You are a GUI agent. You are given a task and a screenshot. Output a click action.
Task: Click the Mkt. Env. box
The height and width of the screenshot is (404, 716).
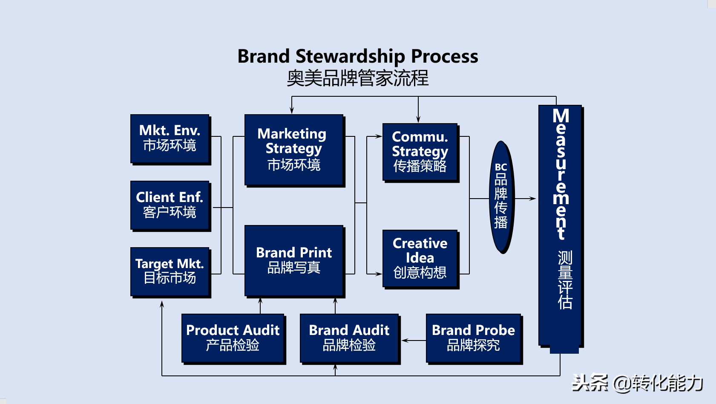tap(170, 139)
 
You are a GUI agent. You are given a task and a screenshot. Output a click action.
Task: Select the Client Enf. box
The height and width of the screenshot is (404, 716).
tap(170, 205)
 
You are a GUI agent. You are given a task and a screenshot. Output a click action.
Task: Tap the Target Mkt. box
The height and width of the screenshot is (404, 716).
tap(170, 271)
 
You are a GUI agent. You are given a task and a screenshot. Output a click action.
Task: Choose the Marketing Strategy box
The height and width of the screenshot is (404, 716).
tap(293, 150)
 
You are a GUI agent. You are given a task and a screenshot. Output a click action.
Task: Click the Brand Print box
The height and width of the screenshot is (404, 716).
tap(293, 260)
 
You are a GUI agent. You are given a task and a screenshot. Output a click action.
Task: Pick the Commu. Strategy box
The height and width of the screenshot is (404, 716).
tap(420, 152)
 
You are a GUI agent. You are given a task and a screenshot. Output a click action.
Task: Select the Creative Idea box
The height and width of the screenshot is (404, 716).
tap(420, 258)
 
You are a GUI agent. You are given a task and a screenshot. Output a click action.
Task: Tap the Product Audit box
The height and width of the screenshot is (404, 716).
tap(233, 338)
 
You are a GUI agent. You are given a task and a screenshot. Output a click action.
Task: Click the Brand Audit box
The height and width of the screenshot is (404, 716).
tap(349, 338)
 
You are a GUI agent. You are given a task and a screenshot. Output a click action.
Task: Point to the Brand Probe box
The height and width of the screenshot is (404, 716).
tap(473, 338)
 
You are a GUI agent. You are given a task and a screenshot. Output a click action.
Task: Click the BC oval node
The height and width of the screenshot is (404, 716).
tap(501, 197)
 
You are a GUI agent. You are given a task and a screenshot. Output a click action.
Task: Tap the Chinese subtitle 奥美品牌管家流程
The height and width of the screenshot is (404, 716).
tap(357, 78)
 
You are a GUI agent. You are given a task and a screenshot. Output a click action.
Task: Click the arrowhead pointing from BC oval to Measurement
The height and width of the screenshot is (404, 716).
tap(532, 199)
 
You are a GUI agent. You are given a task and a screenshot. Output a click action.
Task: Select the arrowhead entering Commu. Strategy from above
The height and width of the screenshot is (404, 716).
tap(418, 120)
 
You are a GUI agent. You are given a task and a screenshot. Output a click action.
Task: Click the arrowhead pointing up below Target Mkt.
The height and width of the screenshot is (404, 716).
tap(162, 304)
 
